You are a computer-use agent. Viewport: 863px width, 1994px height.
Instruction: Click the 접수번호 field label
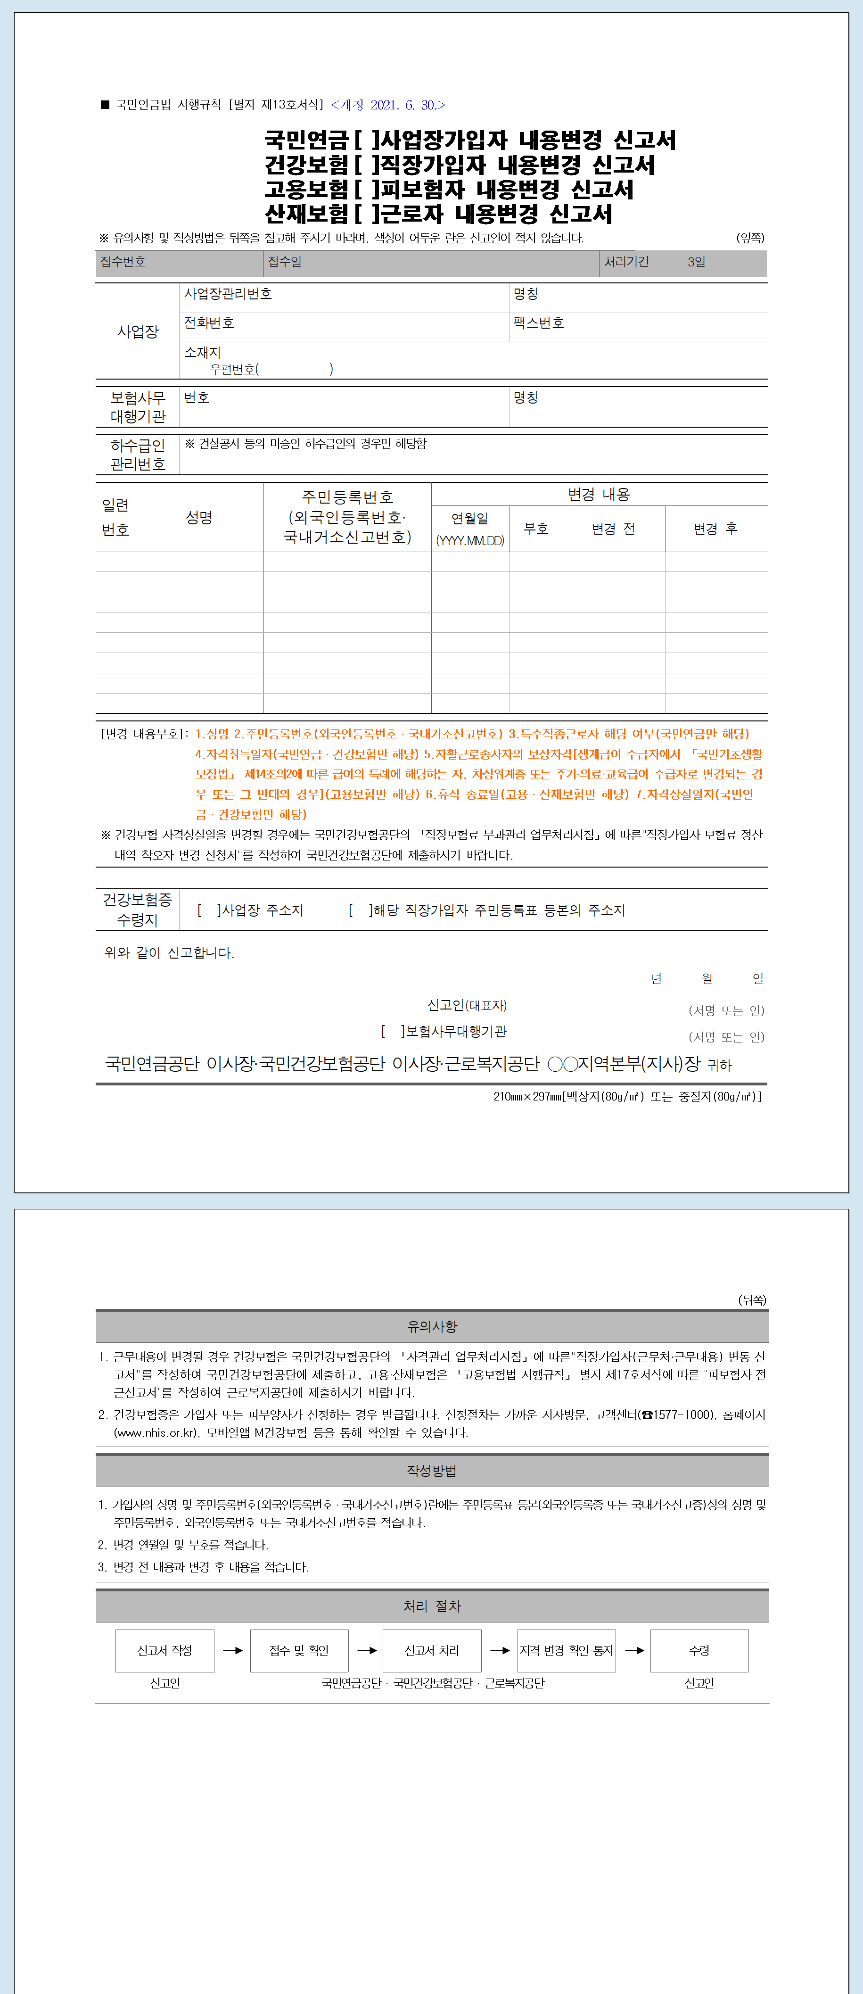point(122,262)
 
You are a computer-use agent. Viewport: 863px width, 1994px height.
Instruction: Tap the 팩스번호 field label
point(539,323)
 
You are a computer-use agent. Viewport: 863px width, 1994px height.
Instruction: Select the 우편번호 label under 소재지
point(232,369)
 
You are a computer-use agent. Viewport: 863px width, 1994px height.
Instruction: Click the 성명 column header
point(199,517)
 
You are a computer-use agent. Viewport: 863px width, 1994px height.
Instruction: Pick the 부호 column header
point(535,529)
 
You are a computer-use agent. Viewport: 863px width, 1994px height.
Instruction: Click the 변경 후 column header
point(715,529)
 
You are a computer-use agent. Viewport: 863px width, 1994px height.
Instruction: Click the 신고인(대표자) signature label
point(467,1005)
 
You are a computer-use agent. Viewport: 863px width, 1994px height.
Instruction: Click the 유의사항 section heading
point(432,1326)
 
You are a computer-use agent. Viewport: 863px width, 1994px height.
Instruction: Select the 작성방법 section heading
point(432,1470)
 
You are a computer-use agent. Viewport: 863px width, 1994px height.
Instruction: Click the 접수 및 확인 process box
point(299,1650)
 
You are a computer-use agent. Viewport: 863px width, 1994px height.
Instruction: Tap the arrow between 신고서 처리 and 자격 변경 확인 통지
point(500,1650)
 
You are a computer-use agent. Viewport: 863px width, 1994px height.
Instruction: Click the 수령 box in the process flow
point(699,1650)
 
